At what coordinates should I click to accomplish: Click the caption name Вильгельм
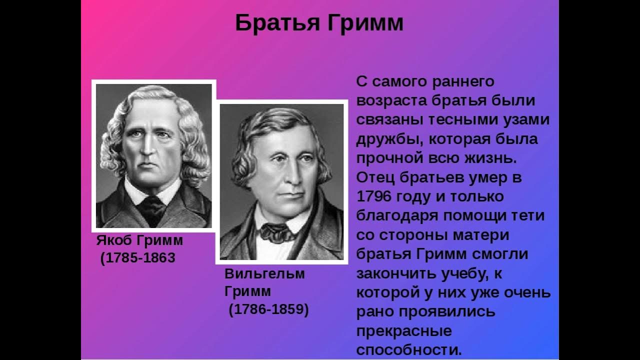click(x=264, y=273)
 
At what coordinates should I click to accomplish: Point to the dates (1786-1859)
click(x=268, y=309)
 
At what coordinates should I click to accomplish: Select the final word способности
click(x=409, y=348)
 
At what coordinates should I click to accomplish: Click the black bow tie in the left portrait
click(x=152, y=202)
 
